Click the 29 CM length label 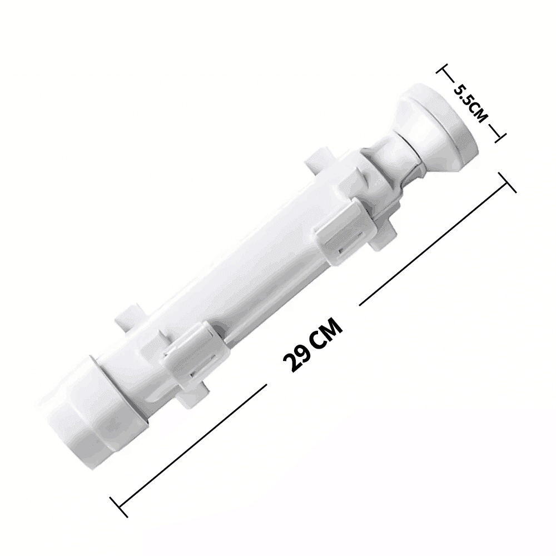click(x=313, y=345)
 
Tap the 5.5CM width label click(x=469, y=103)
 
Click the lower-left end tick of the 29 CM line click(x=119, y=507)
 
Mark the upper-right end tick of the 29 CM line click(x=507, y=182)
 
